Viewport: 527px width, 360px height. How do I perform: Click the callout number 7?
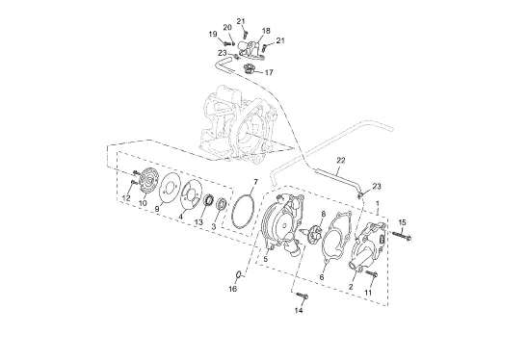[x=255, y=182]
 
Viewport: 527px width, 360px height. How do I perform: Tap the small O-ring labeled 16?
[x=239, y=274]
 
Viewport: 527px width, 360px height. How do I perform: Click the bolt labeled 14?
[x=303, y=296]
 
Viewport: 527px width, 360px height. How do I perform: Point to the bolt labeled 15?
[x=402, y=236]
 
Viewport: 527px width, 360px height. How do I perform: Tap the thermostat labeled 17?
[x=249, y=68]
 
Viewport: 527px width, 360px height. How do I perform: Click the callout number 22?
[x=341, y=161]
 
